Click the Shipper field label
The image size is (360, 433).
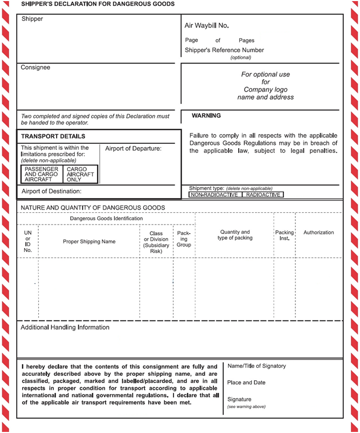(32, 19)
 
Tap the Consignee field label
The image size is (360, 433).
(36, 68)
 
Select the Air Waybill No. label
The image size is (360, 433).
(206, 25)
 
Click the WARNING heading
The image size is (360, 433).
(206, 116)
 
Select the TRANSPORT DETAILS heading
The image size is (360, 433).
(53, 137)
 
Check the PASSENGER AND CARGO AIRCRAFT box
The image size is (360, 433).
(42, 174)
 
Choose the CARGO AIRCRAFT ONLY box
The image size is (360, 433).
(80, 174)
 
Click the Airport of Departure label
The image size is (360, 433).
(133, 149)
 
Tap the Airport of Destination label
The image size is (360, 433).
(52, 191)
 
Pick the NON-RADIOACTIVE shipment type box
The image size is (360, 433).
(214, 194)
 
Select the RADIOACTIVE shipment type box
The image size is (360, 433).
(263, 194)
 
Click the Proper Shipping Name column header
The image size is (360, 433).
(89, 241)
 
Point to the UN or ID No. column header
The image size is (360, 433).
(28, 241)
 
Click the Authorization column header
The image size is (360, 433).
(319, 233)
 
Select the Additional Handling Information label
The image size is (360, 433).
(65, 327)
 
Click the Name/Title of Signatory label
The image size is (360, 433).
(257, 366)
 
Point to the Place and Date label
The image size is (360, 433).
(246, 383)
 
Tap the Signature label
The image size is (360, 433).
(239, 399)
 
